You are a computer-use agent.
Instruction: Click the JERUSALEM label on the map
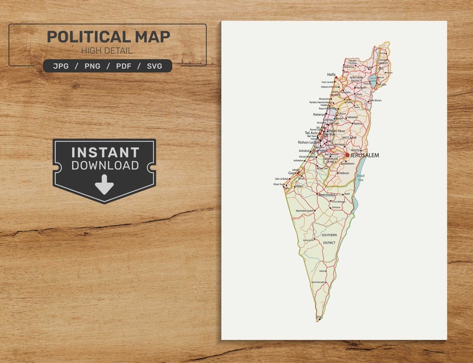click(365, 155)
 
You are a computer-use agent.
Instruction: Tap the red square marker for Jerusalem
click(347, 155)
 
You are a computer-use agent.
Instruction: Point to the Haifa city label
click(331, 75)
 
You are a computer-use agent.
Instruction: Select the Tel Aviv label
click(311, 133)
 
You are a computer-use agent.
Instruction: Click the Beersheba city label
click(327, 195)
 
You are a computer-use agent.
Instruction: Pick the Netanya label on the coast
click(320, 114)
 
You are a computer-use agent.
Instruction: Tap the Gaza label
click(292, 173)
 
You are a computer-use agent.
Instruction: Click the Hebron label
click(344, 173)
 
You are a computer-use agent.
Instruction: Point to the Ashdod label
click(304, 151)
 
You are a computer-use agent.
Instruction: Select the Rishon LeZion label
click(308, 142)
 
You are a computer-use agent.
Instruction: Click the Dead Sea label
click(360, 177)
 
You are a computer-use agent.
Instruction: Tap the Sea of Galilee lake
click(373, 79)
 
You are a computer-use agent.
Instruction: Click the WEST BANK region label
click(349, 137)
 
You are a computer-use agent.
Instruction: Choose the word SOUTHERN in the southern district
click(329, 235)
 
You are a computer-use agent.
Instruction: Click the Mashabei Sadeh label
click(304, 211)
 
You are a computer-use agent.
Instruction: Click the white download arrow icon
click(104, 184)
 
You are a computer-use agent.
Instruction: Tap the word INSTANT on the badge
click(104, 152)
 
